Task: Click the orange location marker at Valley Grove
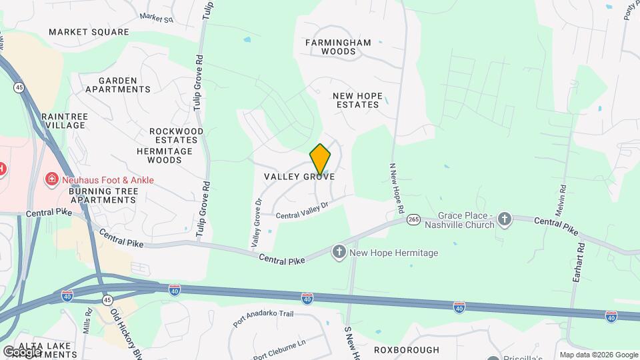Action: click(320, 159)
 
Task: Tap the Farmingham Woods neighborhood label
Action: click(338, 47)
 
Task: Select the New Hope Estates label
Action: click(358, 100)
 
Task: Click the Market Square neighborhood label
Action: click(89, 32)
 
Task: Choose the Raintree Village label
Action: click(65, 121)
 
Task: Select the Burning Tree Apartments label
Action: click(103, 195)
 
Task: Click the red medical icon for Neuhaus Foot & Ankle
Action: click(51, 179)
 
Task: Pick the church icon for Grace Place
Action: click(505, 219)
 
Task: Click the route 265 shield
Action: click(413, 220)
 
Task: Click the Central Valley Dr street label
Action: click(303, 211)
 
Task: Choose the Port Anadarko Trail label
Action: click(263, 319)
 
